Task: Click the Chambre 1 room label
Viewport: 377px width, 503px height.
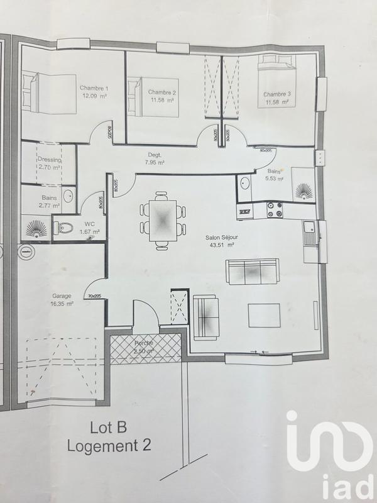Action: click(94, 92)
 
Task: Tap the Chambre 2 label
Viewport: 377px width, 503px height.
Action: click(162, 96)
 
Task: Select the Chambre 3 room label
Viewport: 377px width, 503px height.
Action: click(276, 98)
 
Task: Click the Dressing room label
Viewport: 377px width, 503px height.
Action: click(48, 163)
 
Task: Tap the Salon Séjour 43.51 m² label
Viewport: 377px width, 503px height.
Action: click(221, 241)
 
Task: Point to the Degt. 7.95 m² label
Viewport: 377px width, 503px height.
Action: click(154, 158)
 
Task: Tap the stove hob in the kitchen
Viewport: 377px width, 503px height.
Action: click(275, 210)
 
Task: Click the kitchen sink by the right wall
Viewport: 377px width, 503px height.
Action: click(309, 233)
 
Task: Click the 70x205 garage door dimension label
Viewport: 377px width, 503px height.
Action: click(96, 296)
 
